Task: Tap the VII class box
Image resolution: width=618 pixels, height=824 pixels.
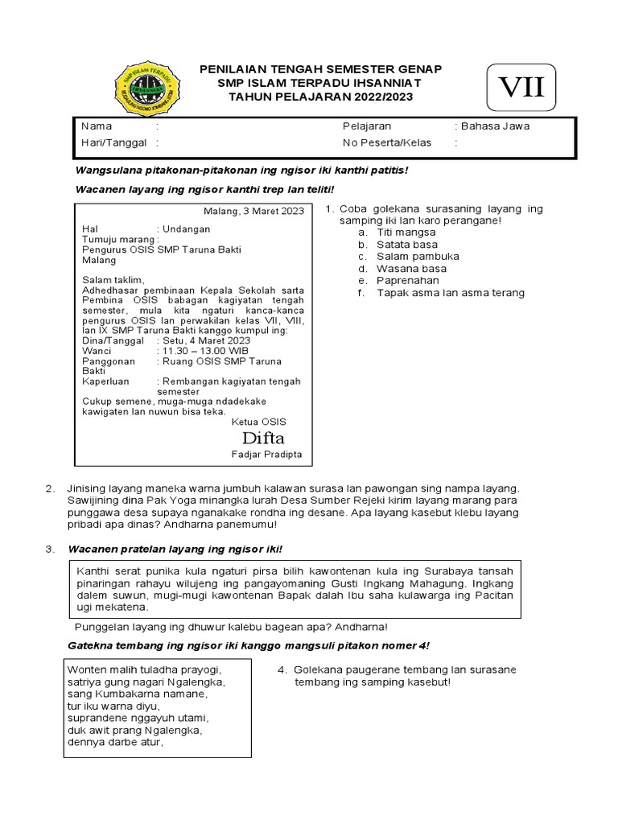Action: [x=521, y=88]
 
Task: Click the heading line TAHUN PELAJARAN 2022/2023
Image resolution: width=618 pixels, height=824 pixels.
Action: [x=320, y=97]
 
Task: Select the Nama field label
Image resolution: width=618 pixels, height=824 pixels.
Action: [x=97, y=126]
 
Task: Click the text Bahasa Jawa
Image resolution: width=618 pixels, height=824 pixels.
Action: [x=494, y=126]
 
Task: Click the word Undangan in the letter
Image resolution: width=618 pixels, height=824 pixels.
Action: [x=186, y=229]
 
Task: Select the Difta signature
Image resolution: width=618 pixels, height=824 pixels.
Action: [x=263, y=438]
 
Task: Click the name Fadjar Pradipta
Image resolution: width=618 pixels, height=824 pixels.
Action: [x=266, y=454]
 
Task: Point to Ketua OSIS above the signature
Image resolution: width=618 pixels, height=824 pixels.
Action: [x=258, y=422]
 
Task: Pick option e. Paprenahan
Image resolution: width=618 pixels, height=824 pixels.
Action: [x=407, y=280]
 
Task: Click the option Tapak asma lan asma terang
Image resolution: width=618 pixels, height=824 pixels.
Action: [x=450, y=293]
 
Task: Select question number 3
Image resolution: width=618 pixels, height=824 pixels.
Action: [x=51, y=549]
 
